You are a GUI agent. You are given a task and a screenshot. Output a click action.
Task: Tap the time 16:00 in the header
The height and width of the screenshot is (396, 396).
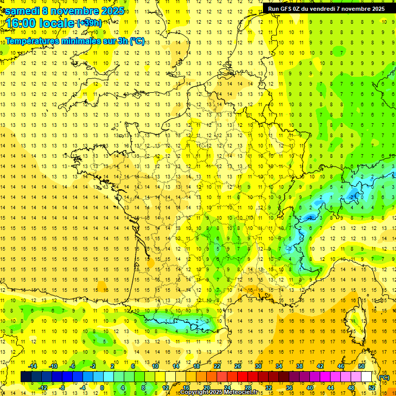pos(20,23)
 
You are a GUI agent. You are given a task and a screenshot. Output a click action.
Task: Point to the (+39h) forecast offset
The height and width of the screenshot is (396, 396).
pos(89,23)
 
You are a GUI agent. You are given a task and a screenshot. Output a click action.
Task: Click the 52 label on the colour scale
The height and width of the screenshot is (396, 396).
pos(371,388)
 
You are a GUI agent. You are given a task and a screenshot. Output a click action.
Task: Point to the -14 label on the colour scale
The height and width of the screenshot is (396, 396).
pos(33,366)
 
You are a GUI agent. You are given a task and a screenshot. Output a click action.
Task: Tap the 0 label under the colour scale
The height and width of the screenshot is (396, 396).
pos(102,388)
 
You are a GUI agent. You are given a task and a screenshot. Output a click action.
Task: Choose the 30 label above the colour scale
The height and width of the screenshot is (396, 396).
pos(258,366)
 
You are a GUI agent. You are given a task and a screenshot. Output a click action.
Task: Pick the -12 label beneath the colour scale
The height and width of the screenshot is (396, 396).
pos(43,388)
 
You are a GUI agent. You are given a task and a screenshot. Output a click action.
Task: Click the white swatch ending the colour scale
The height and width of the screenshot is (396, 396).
pos(367,377)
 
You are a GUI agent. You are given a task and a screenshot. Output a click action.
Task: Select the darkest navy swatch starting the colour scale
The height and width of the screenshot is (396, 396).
pos(26,377)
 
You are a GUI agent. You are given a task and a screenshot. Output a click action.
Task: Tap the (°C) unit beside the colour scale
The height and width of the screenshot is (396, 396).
pos(384,377)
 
